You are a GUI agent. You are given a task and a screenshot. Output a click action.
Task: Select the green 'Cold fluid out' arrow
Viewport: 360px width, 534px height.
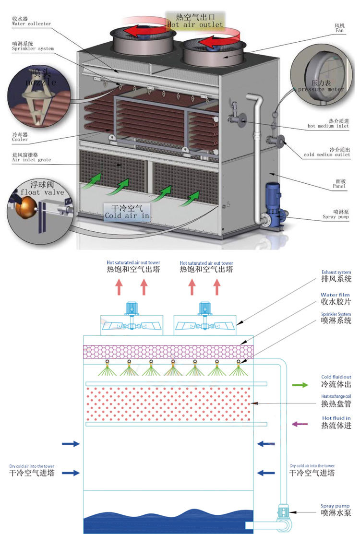[300, 385]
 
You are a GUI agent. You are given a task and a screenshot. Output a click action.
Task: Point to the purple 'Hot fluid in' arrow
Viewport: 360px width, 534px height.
[300, 424]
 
